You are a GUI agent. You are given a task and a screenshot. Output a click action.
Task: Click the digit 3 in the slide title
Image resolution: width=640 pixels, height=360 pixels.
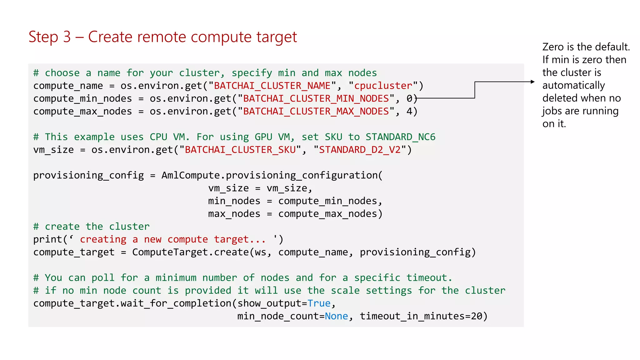point(67,37)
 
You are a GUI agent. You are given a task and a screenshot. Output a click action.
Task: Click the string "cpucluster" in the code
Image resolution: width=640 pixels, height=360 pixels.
point(383,86)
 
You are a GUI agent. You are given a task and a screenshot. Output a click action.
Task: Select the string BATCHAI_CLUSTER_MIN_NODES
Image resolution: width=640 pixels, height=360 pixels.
point(316,98)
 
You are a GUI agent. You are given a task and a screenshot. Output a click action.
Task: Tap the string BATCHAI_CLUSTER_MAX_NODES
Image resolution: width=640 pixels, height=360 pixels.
point(316,111)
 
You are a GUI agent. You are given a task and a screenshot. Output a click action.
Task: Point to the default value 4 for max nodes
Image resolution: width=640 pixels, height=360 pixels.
point(409,111)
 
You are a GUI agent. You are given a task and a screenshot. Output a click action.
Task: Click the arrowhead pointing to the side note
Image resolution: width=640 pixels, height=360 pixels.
point(532,82)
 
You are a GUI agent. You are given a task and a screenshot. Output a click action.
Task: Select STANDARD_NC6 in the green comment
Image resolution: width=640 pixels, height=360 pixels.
point(400,137)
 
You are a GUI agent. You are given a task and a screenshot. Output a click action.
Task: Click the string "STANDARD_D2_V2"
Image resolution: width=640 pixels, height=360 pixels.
point(359,150)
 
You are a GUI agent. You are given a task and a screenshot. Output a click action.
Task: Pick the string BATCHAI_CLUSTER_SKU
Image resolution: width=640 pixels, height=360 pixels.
point(240,150)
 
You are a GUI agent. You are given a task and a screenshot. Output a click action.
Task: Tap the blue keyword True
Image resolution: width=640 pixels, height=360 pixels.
point(319,303)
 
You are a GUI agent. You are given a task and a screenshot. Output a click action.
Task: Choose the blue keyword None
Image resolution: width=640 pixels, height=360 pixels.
point(336,316)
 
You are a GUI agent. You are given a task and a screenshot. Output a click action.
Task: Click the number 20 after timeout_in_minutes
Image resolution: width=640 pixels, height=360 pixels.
point(477,316)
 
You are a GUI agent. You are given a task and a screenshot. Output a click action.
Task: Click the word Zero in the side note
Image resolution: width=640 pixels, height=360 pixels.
point(553,47)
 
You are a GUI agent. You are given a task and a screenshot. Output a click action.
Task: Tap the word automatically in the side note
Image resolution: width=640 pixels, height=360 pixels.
point(573,85)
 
